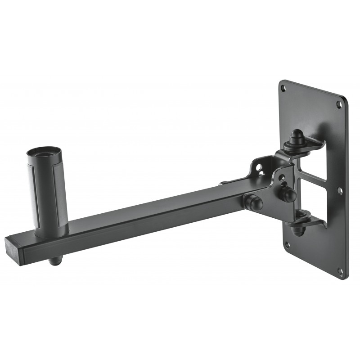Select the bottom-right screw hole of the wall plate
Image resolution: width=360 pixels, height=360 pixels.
340,271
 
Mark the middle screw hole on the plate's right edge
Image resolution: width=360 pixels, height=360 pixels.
340,191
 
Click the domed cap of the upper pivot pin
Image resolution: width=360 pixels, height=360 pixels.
297,135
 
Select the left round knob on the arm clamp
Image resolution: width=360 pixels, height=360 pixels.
254,202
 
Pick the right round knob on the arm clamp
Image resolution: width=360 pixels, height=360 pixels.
288,194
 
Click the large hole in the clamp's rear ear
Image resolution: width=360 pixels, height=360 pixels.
260,167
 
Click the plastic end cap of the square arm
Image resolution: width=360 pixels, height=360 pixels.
13,246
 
